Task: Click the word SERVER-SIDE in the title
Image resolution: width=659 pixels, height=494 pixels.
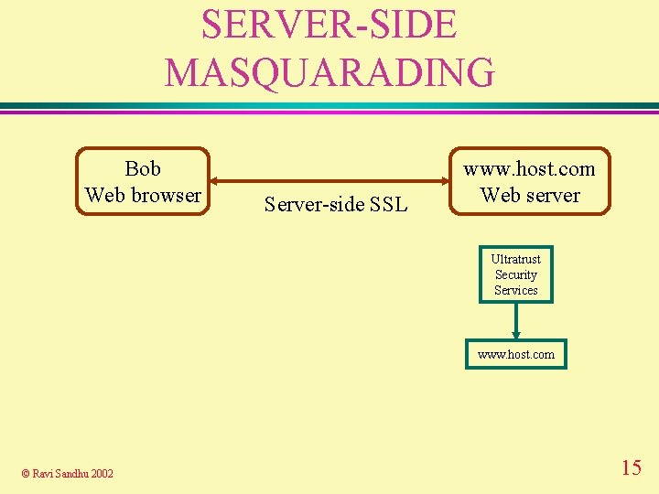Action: click(x=329, y=25)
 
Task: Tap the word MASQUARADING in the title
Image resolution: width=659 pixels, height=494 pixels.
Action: click(x=329, y=71)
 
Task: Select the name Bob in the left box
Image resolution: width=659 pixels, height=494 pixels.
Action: click(x=143, y=168)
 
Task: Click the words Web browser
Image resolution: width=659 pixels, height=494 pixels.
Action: click(x=143, y=195)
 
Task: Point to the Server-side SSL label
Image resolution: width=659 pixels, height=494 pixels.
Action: click(x=335, y=205)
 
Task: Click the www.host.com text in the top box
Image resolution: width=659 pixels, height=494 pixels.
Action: click(x=529, y=168)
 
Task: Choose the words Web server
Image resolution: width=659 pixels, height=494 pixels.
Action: click(x=530, y=195)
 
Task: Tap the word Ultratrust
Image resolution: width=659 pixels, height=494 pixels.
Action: click(x=516, y=259)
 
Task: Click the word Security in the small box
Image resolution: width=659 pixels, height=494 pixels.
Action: click(x=516, y=274)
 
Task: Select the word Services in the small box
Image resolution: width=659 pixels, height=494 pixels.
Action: click(x=516, y=290)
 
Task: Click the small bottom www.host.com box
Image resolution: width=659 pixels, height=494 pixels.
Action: click(x=516, y=354)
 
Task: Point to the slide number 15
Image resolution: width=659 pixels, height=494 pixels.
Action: click(x=631, y=468)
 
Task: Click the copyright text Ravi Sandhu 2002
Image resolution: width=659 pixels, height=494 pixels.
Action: click(x=73, y=473)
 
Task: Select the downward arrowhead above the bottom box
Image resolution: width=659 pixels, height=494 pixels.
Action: click(x=516, y=335)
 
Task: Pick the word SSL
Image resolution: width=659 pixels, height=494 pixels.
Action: click(x=389, y=205)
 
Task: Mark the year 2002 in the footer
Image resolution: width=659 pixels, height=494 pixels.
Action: click(x=102, y=473)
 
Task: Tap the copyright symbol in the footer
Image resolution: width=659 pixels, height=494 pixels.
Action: click(x=26, y=473)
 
